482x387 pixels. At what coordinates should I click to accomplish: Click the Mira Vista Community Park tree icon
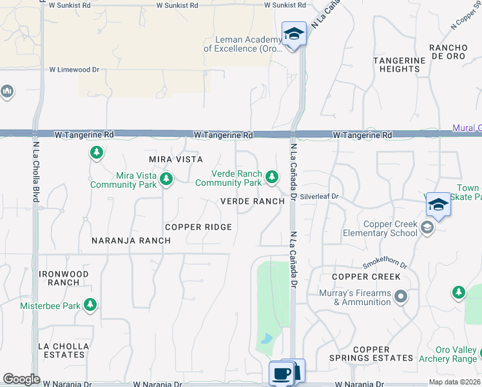click(166, 178)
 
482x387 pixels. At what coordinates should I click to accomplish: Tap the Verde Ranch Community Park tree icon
click(272, 176)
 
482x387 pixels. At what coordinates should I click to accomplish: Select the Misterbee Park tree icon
click(91, 304)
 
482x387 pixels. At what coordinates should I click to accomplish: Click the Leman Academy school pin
click(294, 34)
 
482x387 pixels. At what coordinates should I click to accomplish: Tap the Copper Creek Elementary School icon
click(426, 227)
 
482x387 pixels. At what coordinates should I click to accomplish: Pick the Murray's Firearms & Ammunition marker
click(401, 297)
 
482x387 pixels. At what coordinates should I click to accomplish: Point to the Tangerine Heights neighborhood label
click(400, 64)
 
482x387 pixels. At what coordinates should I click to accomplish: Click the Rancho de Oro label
click(448, 52)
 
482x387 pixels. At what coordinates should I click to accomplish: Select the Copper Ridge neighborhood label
click(198, 227)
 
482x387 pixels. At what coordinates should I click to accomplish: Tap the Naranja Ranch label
click(131, 241)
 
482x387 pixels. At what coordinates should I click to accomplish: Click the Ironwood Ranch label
click(64, 278)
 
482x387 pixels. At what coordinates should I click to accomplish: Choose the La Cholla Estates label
click(64, 350)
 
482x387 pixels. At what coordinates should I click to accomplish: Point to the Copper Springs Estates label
click(371, 353)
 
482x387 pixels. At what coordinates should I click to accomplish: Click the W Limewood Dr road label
click(75, 70)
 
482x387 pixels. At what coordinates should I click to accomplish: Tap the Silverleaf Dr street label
click(319, 195)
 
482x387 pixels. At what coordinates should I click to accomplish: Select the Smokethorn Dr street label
click(385, 263)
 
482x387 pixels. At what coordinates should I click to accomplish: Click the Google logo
click(21, 379)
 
